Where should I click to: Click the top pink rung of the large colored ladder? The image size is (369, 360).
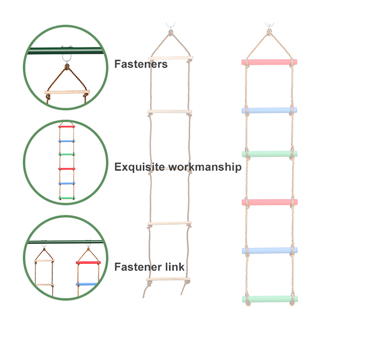click(x=269, y=62)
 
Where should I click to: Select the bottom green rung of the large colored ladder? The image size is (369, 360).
click(x=270, y=298)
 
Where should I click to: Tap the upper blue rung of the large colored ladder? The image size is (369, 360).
click(x=269, y=110)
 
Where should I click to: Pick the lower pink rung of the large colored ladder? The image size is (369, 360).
click(x=269, y=202)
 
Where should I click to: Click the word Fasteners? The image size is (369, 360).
click(x=141, y=64)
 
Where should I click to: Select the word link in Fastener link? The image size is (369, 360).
click(x=175, y=267)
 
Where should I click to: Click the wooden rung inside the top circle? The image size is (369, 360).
click(x=68, y=92)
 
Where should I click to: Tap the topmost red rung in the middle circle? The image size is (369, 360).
click(x=66, y=127)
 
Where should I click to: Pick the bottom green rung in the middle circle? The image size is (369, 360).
click(x=66, y=197)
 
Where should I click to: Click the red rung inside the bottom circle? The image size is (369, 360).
click(x=88, y=262)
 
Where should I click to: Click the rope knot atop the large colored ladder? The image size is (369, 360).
click(x=269, y=33)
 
